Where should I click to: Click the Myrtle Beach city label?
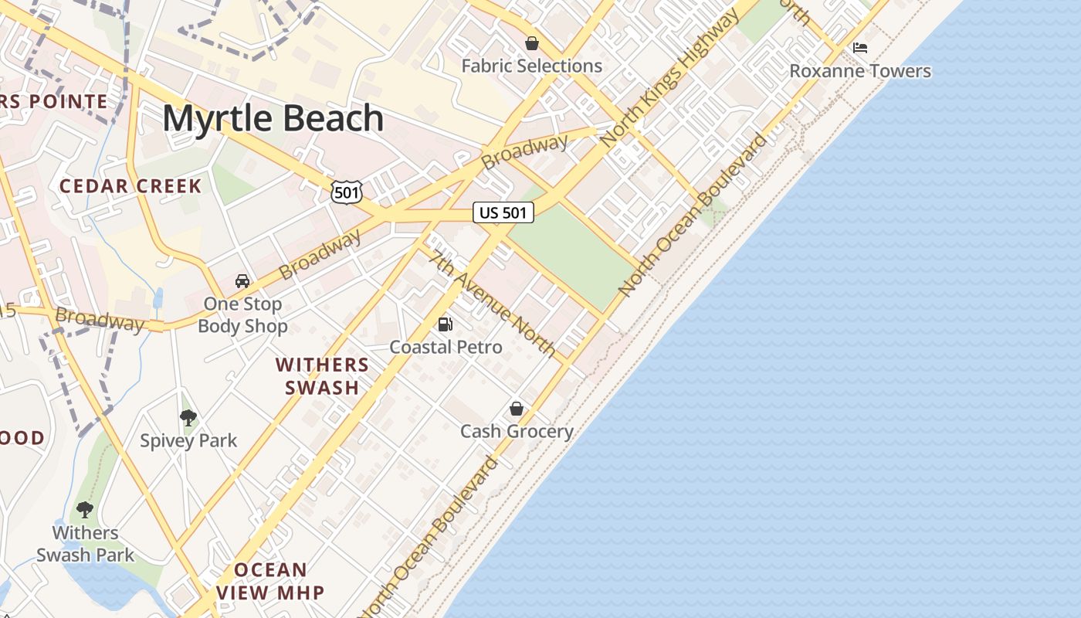click(273, 119)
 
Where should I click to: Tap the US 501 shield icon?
click(346, 192)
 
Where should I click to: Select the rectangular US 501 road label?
click(503, 212)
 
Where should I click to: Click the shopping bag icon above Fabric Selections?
click(531, 43)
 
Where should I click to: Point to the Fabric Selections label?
click(531, 66)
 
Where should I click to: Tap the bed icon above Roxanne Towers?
click(859, 48)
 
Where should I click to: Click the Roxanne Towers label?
click(859, 71)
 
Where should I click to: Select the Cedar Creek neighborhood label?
click(130, 186)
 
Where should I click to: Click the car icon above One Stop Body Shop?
click(242, 281)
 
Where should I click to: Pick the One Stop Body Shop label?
click(242, 315)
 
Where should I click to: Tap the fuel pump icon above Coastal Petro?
click(445, 324)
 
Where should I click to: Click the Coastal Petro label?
click(446, 348)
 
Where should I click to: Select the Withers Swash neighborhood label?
click(322, 376)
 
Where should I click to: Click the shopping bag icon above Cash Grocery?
click(516, 409)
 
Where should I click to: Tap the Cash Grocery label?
click(517, 432)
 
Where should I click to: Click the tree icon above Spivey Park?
click(188, 419)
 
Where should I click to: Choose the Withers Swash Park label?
click(85, 544)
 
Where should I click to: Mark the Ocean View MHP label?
click(269, 582)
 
